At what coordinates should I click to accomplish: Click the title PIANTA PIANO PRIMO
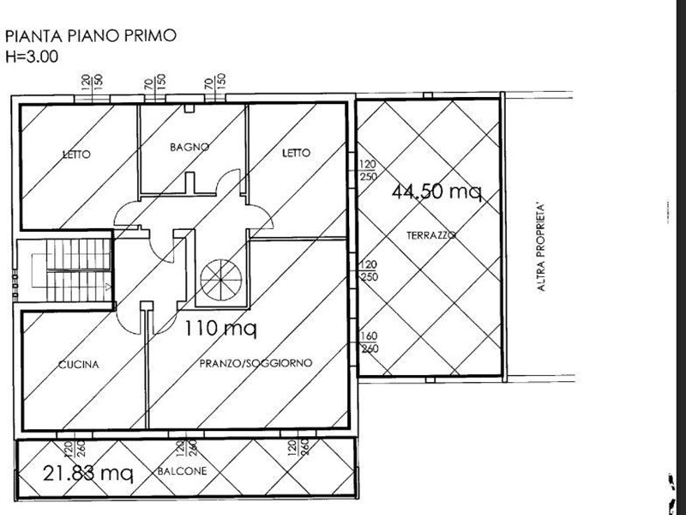(91, 35)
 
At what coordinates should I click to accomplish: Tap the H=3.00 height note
(32, 57)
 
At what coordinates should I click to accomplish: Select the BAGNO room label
(190, 147)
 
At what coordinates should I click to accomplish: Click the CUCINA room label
(79, 364)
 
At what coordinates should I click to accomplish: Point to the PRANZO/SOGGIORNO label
(256, 363)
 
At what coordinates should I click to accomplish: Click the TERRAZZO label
(431, 235)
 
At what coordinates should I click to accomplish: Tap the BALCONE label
(182, 471)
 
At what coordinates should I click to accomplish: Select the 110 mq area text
(220, 329)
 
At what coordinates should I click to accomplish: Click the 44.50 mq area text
(436, 191)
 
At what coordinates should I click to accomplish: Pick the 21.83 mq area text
(88, 473)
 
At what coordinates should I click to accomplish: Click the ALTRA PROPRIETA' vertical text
(541, 247)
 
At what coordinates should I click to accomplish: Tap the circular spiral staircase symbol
(221, 280)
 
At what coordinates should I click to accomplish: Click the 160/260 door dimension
(369, 342)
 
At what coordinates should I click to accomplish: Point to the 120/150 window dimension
(92, 82)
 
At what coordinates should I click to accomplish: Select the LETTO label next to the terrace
(296, 153)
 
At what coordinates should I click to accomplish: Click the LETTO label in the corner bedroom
(76, 154)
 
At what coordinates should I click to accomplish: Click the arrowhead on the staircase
(108, 287)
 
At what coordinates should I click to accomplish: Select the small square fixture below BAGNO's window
(189, 108)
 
